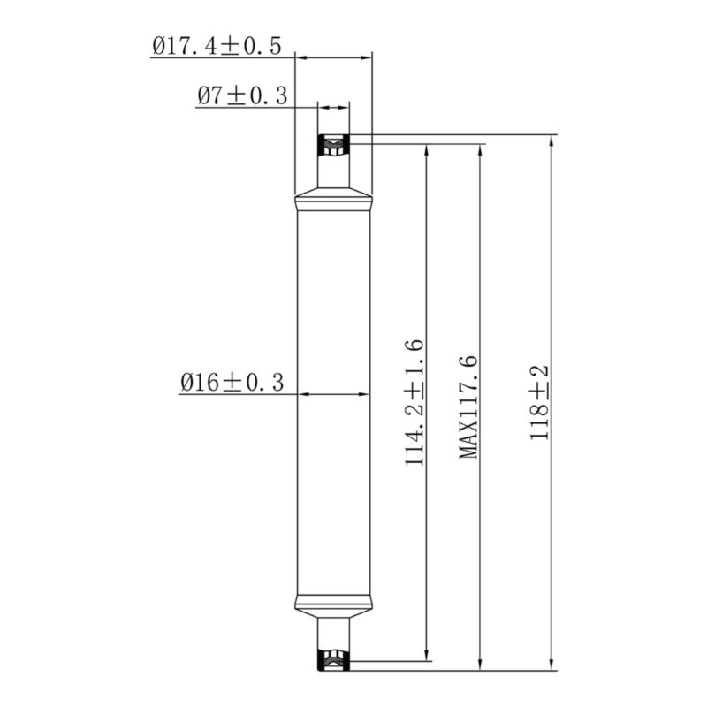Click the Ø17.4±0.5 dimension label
click(217, 46)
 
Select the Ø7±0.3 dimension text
click(241, 96)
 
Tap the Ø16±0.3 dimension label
click(232, 382)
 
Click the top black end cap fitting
click(334, 143)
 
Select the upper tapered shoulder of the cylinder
click(332, 196)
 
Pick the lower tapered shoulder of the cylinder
click(332, 606)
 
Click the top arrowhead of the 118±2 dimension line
click(552, 141)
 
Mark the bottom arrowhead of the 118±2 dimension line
click(552, 664)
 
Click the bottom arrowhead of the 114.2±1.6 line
click(428, 653)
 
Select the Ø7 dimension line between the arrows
click(334, 107)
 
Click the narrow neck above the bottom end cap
click(334, 631)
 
